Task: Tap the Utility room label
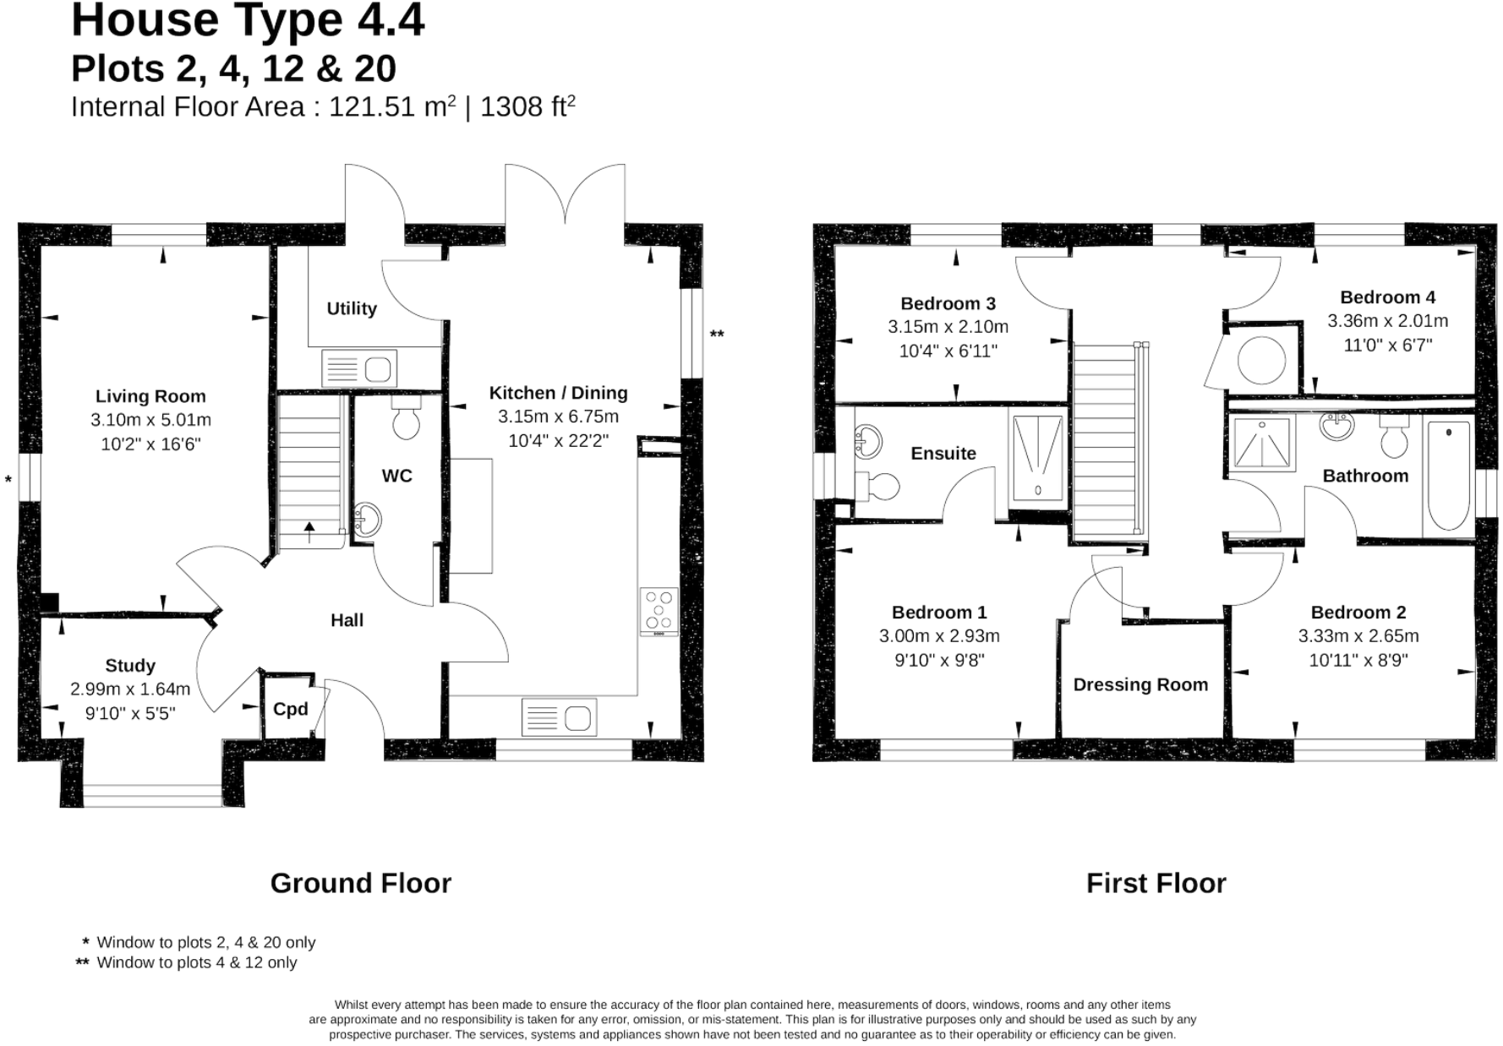(x=352, y=309)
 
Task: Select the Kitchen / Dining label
(x=560, y=394)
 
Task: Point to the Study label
(x=130, y=667)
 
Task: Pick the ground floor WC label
(x=396, y=477)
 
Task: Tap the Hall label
(x=347, y=621)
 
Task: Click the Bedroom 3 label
(x=948, y=303)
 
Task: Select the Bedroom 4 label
(x=1388, y=298)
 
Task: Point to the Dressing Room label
(x=1140, y=685)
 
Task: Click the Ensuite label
(x=944, y=454)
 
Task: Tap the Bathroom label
(x=1366, y=476)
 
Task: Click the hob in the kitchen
(x=659, y=609)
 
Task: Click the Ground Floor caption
(x=361, y=883)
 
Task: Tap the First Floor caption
(x=1156, y=883)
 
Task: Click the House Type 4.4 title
(x=247, y=23)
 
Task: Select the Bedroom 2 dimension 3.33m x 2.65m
(x=1358, y=636)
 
